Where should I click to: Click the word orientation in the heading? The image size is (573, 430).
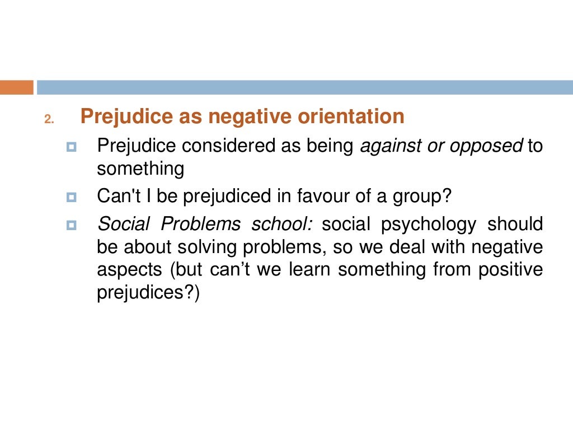click(351, 116)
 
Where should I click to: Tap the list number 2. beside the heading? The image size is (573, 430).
click(48, 119)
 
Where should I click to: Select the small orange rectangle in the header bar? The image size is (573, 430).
click(16, 87)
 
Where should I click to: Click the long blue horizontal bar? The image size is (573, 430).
click(305, 87)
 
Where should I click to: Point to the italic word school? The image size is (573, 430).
click(284, 225)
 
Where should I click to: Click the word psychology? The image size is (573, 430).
click(429, 225)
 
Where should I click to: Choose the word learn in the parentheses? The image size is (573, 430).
click(310, 269)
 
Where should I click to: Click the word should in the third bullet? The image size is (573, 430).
click(515, 225)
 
